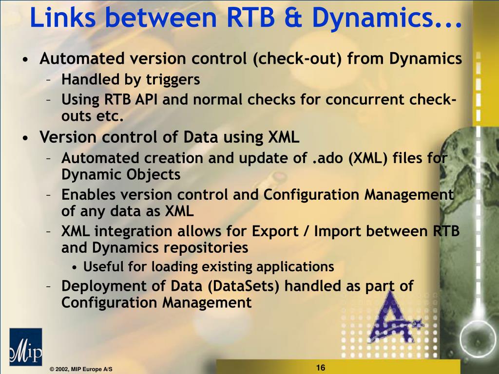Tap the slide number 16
click(320, 368)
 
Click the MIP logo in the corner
click(25, 347)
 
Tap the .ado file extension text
click(326, 158)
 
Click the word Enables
click(89, 195)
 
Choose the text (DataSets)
click(245, 285)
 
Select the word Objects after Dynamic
click(155, 174)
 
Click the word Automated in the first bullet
click(78, 59)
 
